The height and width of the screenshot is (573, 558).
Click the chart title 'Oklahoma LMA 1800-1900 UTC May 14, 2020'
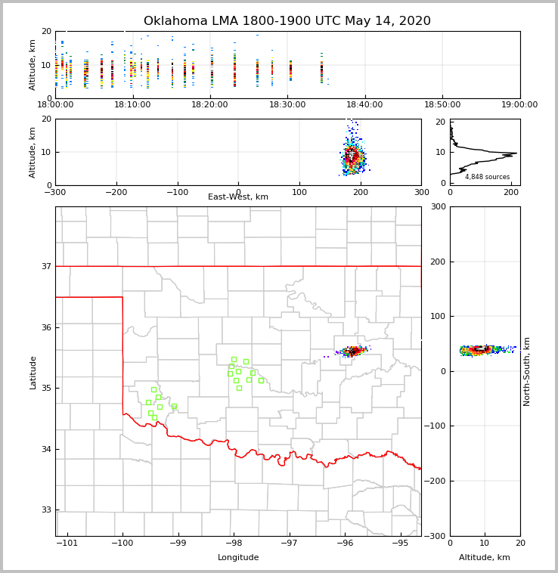tap(287, 21)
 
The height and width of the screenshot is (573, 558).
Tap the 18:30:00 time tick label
tap(287, 104)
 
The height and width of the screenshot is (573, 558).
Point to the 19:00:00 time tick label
tap(519, 104)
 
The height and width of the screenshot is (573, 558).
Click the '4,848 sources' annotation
tap(487, 177)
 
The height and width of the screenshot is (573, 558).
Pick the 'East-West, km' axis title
tap(238, 197)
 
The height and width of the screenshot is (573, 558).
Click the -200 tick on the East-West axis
tap(116, 192)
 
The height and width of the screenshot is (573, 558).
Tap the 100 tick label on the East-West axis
tap(299, 192)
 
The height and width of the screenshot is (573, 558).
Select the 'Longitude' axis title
tap(238, 558)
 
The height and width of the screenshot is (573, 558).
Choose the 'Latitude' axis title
tap(33, 372)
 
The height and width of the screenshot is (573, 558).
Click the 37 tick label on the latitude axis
tap(45, 267)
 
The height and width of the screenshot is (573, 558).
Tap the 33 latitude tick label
tap(45, 510)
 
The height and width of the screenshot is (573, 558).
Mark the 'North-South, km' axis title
tap(527, 371)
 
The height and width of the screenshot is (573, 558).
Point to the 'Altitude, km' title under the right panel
tap(485, 558)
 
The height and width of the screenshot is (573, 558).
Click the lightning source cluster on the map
tap(352, 351)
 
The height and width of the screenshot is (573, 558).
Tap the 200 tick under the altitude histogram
tap(513, 192)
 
